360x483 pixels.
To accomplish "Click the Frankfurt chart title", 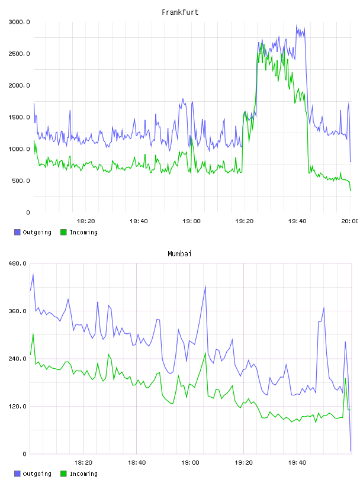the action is click(x=180, y=12).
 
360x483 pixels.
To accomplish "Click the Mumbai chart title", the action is click(x=179, y=254).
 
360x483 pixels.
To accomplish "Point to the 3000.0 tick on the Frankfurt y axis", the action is click(x=19, y=22).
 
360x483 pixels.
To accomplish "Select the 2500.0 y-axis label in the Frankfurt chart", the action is click(x=19, y=54).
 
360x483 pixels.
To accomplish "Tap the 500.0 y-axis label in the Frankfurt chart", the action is click(x=21, y=181).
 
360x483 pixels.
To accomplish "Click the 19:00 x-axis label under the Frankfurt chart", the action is click(x=191, y=221).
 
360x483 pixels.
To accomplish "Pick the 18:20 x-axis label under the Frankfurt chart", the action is click(x=86, y=221).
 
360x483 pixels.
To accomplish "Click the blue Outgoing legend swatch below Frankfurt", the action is click(x=17, y=232).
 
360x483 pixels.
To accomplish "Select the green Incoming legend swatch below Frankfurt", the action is click(x=63, y=232).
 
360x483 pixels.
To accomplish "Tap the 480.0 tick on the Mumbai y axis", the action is click(x=17, y=263).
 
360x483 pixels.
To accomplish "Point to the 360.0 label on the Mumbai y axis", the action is click(x=17, y=311).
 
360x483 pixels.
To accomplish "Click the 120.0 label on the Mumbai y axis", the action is click(x=17, y=406).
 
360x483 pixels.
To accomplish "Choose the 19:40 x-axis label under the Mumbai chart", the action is click(x=297, y=463).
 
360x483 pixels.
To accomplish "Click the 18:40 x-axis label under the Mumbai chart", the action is click(x=137, y=463).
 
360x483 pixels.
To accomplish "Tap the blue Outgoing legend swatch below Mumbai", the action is click(x=17, y=474).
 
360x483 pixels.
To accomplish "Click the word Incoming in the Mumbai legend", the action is click(x=83, y=474).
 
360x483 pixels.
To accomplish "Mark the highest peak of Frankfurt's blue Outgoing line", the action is click(x=297, y=25).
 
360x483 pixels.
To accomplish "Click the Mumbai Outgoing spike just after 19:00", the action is click(x=205, y=286).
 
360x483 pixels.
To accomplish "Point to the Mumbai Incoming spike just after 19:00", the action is click(x=205, y=353).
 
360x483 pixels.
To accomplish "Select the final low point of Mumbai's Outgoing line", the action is click(x=351, y=451).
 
